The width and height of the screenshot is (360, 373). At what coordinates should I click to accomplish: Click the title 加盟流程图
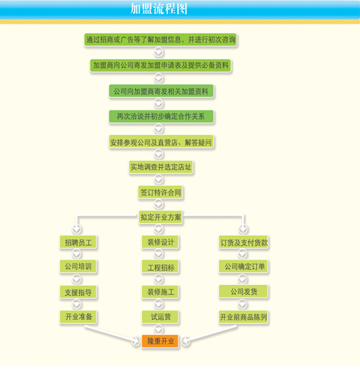159,9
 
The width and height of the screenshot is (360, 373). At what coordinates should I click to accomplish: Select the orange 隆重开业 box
160,341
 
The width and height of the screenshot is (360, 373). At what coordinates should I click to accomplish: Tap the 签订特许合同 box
161,192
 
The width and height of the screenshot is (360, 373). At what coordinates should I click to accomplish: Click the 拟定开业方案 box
161,217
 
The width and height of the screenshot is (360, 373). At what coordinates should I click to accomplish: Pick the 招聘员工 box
78,242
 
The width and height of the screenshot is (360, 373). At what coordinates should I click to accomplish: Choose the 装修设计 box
160,242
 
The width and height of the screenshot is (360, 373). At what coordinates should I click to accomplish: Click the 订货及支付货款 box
243,242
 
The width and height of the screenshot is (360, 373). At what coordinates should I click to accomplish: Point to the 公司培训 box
78,266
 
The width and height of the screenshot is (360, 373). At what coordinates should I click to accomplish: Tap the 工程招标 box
160,267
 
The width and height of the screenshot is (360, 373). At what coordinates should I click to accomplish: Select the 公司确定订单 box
243,267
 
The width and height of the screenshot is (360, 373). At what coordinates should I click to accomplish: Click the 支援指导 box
78,292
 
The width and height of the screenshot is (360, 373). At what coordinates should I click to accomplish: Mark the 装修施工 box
160,292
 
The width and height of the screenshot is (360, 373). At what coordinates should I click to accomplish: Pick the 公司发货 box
243,292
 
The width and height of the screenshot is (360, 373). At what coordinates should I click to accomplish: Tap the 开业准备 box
78,317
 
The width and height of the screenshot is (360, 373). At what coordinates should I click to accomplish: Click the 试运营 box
160,317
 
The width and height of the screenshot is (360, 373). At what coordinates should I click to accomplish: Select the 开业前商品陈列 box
243,317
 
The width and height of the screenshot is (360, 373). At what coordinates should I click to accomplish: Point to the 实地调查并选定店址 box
161,167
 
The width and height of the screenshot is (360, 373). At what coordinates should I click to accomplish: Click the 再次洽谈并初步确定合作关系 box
161,116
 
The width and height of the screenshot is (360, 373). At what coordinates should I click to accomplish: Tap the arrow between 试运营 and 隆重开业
158,329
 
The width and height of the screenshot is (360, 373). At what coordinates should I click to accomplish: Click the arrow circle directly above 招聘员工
77,228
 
